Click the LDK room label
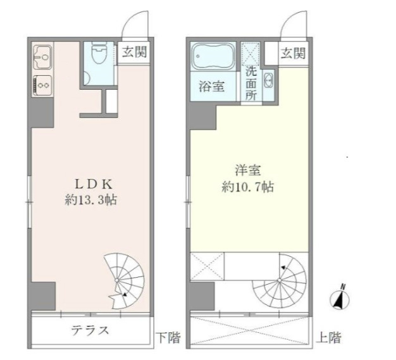[x=93, y=185]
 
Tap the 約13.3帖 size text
[x=90, y=200]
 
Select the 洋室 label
[x=248, y=170]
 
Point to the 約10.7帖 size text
[x=248, y=187]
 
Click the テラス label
[x=90, y=330]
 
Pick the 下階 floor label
[x=168, y=337]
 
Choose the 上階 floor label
[x=329, y=337]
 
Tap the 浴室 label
[x=211, y=86]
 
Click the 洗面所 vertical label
[x=251, y=84]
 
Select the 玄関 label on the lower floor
[x=134, y=53]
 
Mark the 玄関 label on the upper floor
[x=294, y=53]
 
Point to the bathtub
[x=213, y=56]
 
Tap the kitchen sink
[x=42, y=57]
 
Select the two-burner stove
[x=42, y=85]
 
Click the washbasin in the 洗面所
[x=268, y=81]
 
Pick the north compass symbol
[x=340, y=298]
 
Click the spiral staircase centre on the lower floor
[x=117, y=280]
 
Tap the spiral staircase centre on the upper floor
[x=279, y=280]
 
